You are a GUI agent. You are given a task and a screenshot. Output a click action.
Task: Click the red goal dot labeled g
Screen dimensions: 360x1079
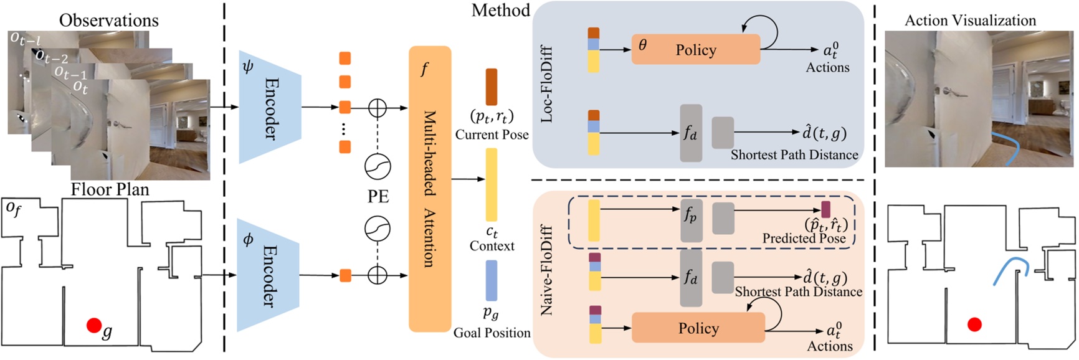coord(93,325)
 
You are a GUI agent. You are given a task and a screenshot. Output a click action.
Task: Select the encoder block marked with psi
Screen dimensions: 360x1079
coord(269,107)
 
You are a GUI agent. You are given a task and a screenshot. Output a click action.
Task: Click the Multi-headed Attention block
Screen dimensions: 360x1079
coord(429,189)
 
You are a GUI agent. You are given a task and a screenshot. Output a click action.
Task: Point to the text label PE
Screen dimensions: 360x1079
coord(378,196)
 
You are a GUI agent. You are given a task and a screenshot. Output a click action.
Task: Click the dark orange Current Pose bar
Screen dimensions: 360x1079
coord(491,87)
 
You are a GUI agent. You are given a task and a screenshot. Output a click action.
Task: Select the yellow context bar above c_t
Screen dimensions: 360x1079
coord(491,184)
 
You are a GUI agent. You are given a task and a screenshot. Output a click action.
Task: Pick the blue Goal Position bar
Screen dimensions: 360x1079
coord(491,280)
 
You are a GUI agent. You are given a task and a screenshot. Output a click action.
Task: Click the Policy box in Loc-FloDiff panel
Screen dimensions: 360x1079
coord(695,50)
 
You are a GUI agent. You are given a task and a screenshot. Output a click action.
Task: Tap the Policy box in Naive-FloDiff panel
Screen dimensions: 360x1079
coord(698,328)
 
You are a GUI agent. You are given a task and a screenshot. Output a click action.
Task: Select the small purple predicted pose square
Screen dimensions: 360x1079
coord(826,209)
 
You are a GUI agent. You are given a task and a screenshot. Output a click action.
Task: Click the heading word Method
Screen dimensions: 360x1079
coord(500,11)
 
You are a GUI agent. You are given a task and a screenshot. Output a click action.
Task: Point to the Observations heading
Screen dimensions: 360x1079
coord(109,21)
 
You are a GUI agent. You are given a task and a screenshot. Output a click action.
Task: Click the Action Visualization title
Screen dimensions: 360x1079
coord(970,21)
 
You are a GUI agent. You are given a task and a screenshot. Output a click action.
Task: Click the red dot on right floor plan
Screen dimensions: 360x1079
coord(974,324)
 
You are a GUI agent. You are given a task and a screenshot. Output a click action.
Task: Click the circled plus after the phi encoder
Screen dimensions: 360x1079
coord(378,275)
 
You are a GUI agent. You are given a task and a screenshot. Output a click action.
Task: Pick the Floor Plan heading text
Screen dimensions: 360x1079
coord(110,189)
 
